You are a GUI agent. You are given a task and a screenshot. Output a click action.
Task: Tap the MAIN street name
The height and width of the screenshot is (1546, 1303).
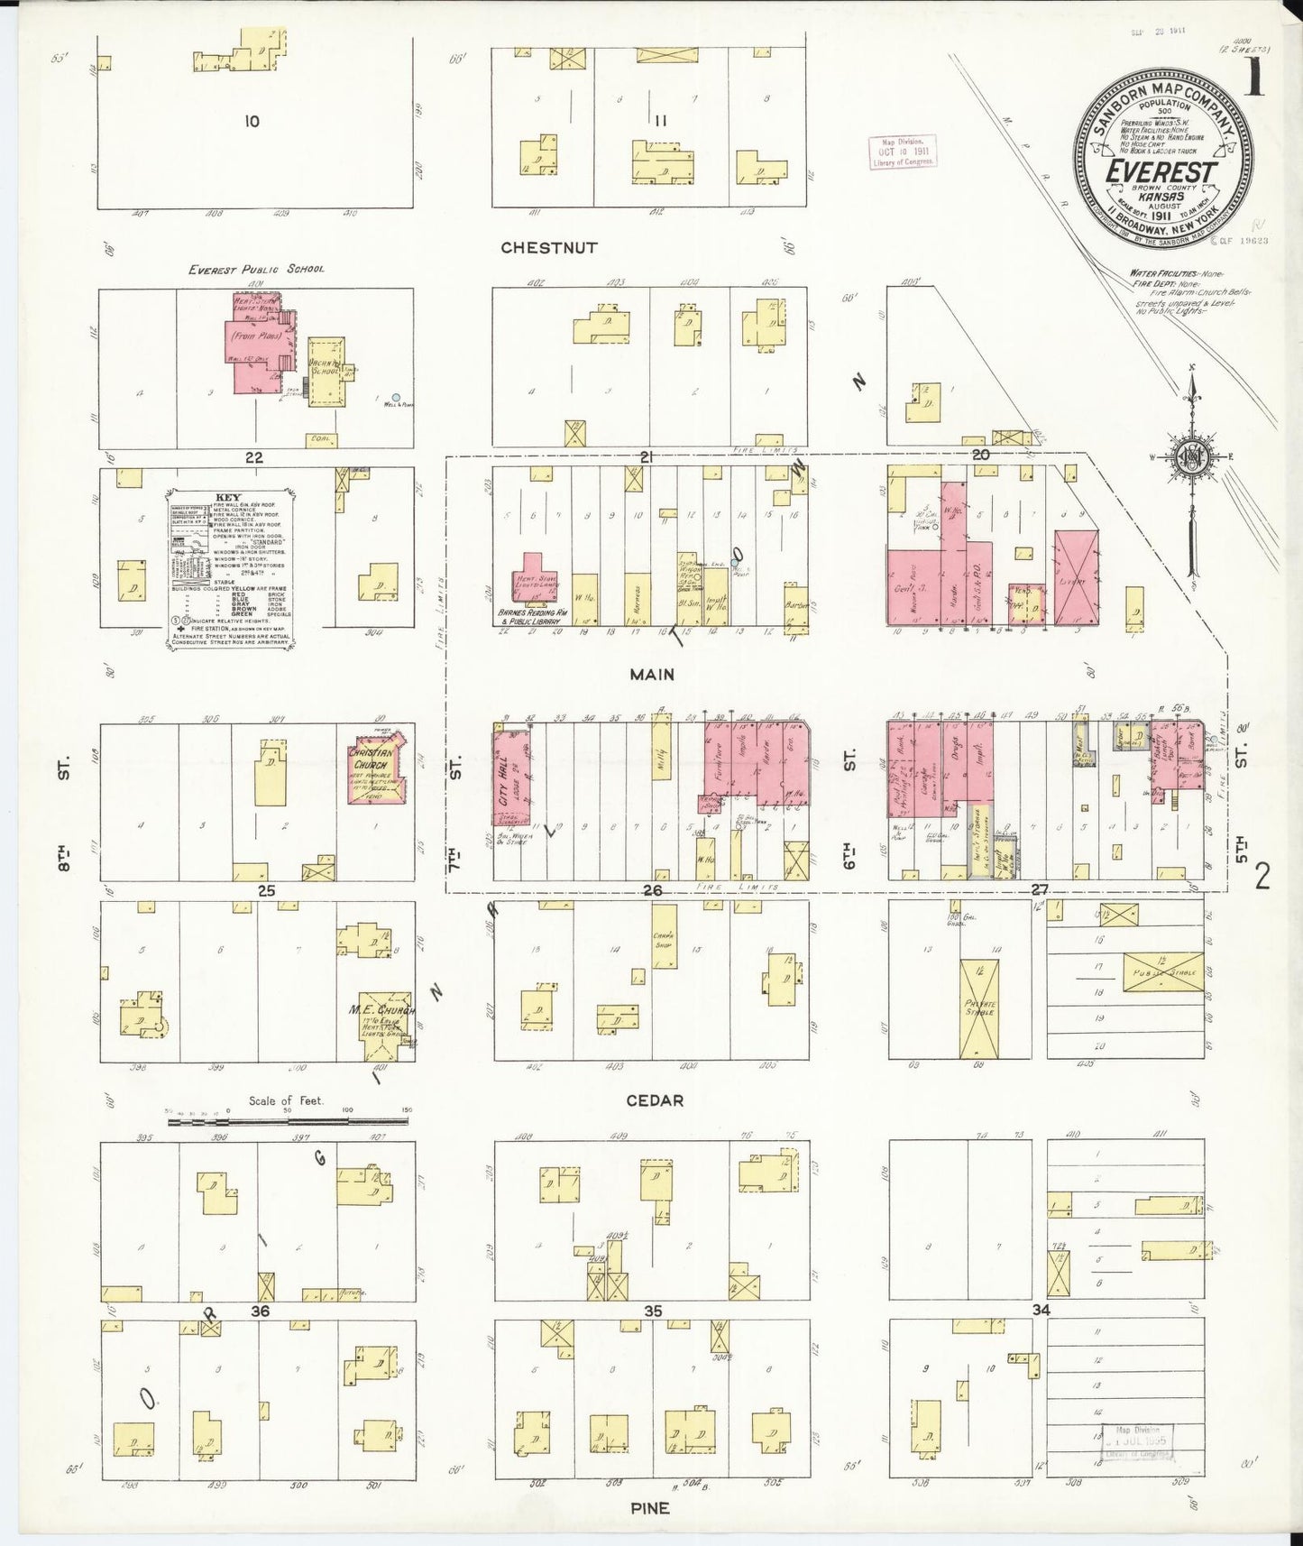coord(652,673)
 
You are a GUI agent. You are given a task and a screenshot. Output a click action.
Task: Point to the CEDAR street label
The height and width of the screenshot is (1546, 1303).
coord(652,1100)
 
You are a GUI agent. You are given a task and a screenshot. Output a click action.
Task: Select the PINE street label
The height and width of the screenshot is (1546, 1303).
coord(650,1507)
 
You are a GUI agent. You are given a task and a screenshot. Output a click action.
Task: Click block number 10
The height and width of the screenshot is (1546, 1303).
coord(252,121)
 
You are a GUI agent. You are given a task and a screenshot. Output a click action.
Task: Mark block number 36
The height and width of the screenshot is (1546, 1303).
coord(260,1311)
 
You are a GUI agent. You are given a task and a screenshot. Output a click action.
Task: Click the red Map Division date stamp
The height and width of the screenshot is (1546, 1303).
coord(902,152)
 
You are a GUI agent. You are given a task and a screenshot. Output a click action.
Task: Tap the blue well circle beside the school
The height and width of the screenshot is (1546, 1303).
coord(396,397)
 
